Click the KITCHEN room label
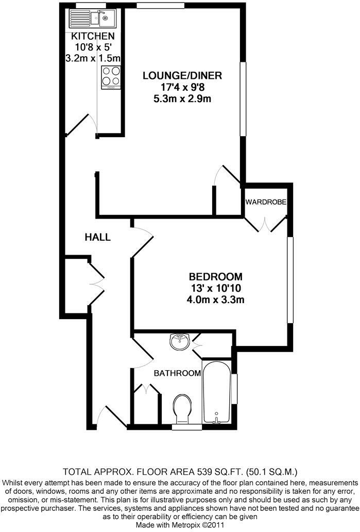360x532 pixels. tap(93, 36)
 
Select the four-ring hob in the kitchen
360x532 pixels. tap(110, 77)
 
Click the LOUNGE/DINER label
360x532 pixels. tap(182, 76)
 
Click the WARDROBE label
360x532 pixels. tap(265, 201)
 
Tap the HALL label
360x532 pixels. tap(98, 237)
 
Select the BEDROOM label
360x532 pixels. tap(215, 276)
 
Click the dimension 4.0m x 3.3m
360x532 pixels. tap(215, 298)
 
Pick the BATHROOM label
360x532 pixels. tap(177, 373)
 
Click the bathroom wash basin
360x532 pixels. tap(179, 341)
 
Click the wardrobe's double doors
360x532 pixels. tap(266, 222)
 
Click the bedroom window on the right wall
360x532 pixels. tap(290, 279)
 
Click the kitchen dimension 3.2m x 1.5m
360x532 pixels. tap(93, 58)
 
